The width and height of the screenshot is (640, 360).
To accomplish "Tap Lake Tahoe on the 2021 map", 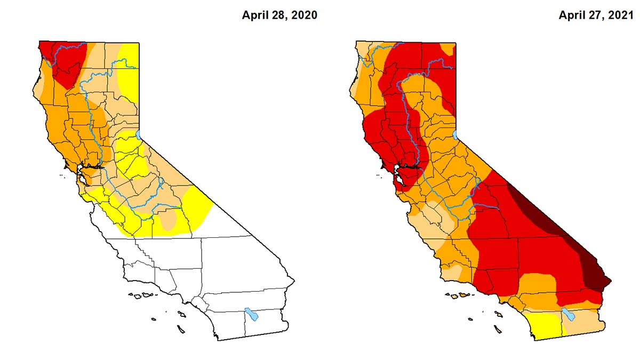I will pyautogui.click(x=455, y=134).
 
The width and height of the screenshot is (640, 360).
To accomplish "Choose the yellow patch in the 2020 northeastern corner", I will pyautogui.click(x=130, y=69).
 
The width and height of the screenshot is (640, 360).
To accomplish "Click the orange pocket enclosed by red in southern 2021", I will pyautogui.click(x=536, y=288).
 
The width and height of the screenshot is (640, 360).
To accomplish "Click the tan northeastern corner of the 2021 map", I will pyautogui.click(x=449, y=50).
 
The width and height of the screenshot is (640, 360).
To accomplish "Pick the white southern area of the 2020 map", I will pyautogui.click(x=213, y=277).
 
